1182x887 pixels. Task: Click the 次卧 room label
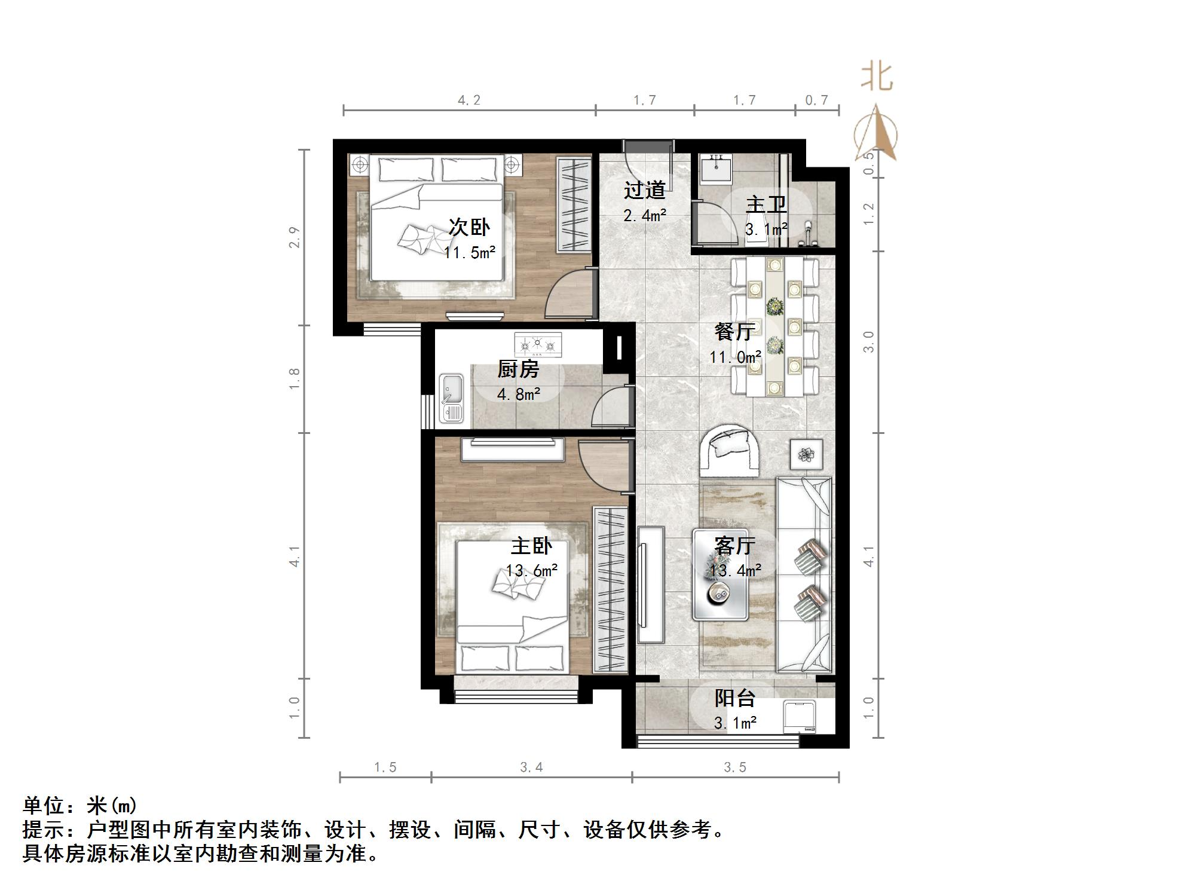[469, 227]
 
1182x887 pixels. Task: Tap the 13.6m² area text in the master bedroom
[532, 570]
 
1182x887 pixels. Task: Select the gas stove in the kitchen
[538, 344]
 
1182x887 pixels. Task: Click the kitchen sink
[452, 397]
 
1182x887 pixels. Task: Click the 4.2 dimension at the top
[469, 100]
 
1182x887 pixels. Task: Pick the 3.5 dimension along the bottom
[735, 767]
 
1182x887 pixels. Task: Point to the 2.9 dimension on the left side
[295, 237]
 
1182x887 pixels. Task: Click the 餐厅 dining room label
[734, 331]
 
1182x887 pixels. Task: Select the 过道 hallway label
[644, 190]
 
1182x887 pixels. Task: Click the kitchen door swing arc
[610, 406]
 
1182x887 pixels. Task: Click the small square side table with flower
[806, 455]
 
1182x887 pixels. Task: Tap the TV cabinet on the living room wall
[651, 585]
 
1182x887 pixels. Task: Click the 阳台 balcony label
[735, 698]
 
